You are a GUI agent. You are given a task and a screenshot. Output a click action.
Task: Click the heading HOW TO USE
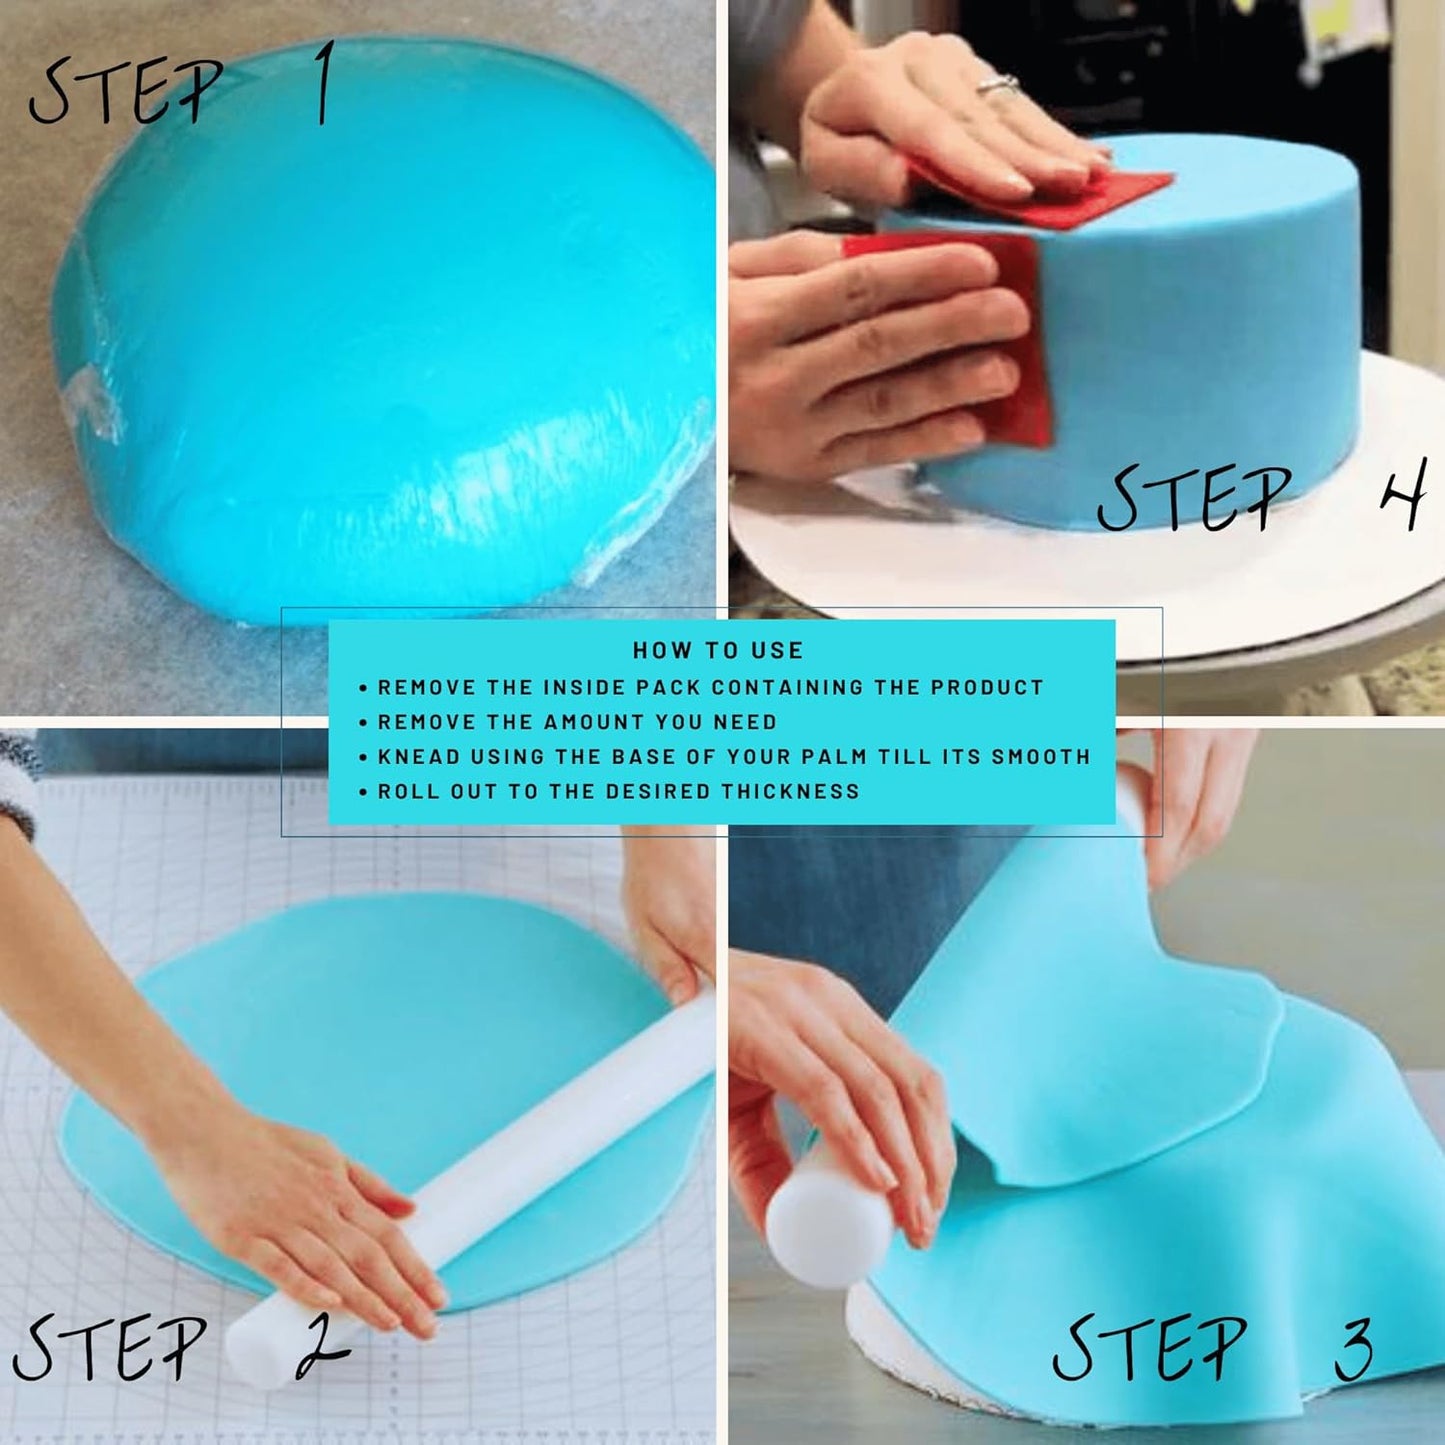tap(717, 650)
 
